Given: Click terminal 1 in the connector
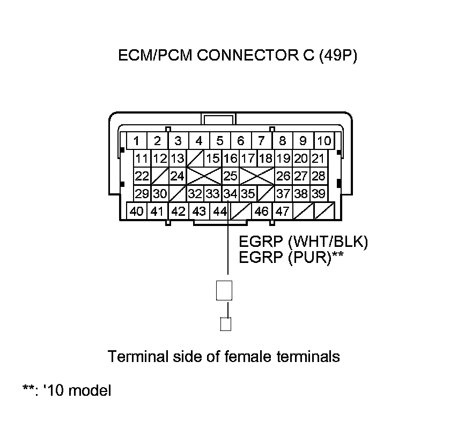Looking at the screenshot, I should (x=137, y=141).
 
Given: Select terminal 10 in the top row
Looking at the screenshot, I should (x=323, y=141).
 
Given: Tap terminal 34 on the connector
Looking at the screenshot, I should (x=230, y=194).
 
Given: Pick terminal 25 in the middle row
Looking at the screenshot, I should (x=230, y=176).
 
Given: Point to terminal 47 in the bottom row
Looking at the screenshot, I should (x=282, y=211).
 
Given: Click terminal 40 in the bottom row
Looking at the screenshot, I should (x=136, y=211).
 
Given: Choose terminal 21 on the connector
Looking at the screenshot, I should (x=318, y=159).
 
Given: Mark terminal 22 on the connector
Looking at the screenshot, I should (x=142, y=176).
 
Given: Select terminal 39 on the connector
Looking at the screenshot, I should (x=318, y=194).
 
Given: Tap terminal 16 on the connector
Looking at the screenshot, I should (x=230, y=159).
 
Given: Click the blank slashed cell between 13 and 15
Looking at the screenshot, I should (x=195, y=159).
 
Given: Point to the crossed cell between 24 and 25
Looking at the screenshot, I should (x=204, y=176).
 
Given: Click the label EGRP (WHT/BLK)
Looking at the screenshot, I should (x=303, y=242).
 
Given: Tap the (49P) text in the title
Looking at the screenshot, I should (x=337, y=56).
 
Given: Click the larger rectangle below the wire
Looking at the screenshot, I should (x=224, y=290).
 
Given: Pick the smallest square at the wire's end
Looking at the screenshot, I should (x=226, y=324).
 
